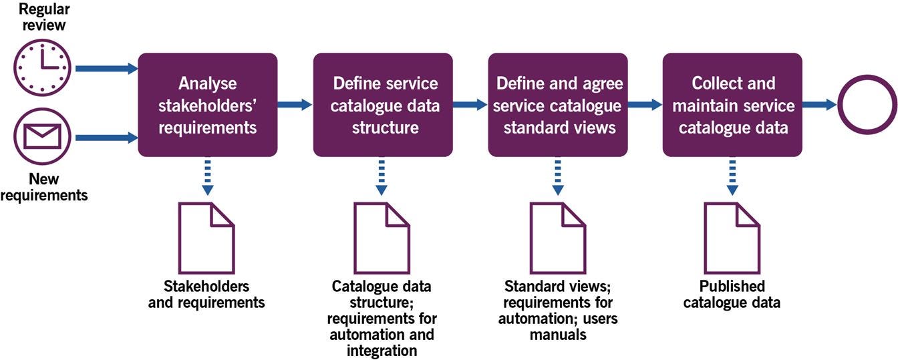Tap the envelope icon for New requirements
43,136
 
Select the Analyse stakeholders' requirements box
208,105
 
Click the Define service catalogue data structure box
383,105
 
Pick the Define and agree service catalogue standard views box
558,105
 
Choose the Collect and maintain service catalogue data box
732,105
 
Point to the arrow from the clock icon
107,69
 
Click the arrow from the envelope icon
107,138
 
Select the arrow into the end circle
819,105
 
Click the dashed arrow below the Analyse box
208,178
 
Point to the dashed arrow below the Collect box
732,178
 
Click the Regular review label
44,17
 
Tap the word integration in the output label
382,351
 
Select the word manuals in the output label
558,335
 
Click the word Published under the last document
732,287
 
